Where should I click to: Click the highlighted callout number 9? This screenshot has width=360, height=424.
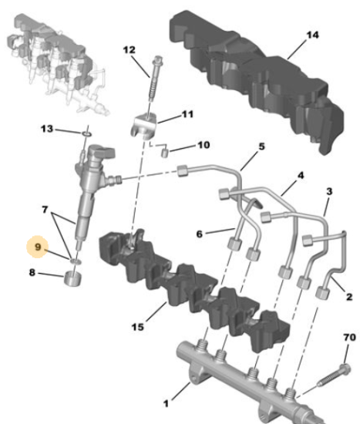38,247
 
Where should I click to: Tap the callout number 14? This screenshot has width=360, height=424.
312,35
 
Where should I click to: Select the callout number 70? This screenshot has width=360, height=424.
349,337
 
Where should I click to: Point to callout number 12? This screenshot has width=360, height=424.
129,50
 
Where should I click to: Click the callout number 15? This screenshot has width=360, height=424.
138,327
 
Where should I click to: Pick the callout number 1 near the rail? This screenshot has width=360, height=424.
166,404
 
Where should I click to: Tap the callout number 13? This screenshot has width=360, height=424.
47,129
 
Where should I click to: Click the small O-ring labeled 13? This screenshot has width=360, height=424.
87,134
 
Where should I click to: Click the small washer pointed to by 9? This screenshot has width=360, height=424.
76,261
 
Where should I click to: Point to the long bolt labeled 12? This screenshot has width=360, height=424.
154,78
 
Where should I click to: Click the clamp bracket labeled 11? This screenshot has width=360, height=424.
144,126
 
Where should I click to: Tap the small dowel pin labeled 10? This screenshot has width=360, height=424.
165,153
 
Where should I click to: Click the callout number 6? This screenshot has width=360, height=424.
200,234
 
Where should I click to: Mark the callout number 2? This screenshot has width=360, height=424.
349,297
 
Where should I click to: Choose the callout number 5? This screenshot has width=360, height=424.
261,146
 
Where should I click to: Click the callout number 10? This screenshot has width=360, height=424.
204,145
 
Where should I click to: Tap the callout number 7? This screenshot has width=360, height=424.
45,209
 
